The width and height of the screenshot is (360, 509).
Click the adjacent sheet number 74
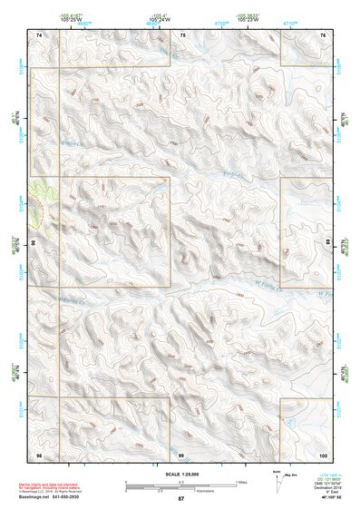click(x=39, y=34)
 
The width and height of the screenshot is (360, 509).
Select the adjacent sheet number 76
click(x=323, y=34)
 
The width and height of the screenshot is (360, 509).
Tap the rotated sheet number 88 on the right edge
click(x=327, y=243)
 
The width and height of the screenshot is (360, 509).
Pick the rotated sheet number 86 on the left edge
click(x=34, y=243)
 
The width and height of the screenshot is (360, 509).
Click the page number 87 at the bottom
click(x=180, y=499)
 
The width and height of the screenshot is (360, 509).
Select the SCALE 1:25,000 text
click(x=180, y=474)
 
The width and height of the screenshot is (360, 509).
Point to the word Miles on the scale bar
click(x=241, y=481)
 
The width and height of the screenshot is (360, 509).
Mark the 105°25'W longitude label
click(x=73, y=21)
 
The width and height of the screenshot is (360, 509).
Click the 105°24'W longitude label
click(x=160, y=21)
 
